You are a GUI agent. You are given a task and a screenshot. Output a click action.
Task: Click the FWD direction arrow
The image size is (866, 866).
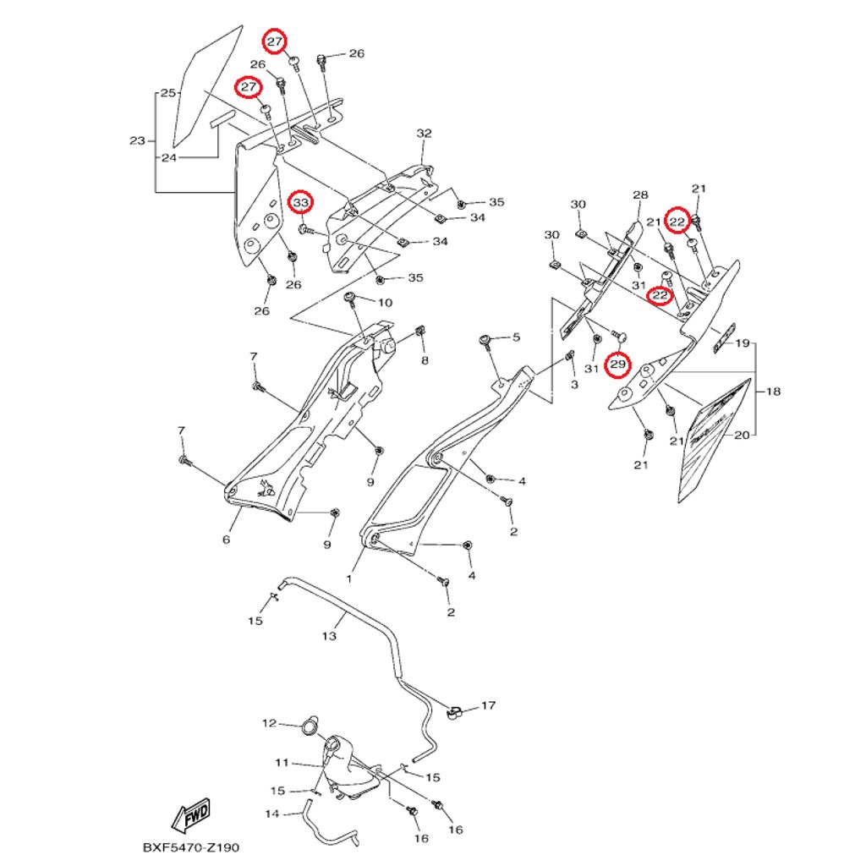point(190,815)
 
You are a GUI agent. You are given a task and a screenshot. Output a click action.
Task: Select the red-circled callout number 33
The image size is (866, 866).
point(302,203)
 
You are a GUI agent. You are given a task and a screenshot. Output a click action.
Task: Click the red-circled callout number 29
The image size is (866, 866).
point(618,364)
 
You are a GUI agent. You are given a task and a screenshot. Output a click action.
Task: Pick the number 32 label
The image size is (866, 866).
point(424,134)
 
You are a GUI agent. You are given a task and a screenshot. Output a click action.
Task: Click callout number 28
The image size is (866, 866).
point(639,195)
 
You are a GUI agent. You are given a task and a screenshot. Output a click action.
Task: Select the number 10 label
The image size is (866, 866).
point(384,303)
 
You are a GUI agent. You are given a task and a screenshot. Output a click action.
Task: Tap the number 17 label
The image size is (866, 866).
point(488,704)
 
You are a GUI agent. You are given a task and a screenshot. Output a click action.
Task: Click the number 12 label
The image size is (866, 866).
point(269,723)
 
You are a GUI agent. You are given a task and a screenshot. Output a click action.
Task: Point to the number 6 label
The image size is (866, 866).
point(226,540)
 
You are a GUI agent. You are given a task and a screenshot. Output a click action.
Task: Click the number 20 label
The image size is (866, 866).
point(741,436)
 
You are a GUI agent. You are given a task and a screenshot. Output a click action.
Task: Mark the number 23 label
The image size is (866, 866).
point(137,140)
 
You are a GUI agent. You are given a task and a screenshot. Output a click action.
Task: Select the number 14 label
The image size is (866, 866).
point(272,814)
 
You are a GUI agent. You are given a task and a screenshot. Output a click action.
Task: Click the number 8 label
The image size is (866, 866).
point(424,361)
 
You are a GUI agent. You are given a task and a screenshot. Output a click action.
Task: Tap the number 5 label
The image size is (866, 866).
point(515,338)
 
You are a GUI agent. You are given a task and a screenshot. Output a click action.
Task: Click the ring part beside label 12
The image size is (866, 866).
point(310,725)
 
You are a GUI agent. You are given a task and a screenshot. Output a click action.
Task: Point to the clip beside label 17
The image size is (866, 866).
point(452,712)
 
